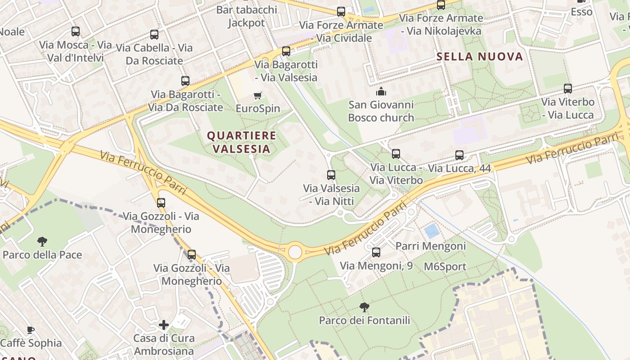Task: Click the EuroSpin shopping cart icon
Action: (257, 95)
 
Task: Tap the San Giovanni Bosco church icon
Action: (381, 92)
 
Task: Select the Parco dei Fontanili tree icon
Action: (364, 307)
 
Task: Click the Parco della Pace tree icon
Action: (42, 242)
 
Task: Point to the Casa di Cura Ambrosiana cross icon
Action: (164, 324)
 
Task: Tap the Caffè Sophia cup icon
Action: (31, 330)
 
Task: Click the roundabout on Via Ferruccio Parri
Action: (295, 252)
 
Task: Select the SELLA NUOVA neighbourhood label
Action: (480, 57)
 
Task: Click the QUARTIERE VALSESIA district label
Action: (241, 142)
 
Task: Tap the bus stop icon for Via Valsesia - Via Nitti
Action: (331, 175)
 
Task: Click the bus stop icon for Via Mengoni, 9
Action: (376, 252)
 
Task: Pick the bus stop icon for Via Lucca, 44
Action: (459, 155)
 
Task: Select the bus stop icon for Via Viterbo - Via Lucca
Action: (568, 89)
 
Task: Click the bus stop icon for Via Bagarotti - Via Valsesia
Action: (286, 51)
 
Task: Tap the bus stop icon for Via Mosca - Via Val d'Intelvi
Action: (76, 31)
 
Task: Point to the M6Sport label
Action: (445, 266)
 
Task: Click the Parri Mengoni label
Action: (430, 246)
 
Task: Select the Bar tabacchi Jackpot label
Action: (246, 16)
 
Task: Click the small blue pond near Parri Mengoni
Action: (432, 231)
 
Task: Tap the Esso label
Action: (581, 12)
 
